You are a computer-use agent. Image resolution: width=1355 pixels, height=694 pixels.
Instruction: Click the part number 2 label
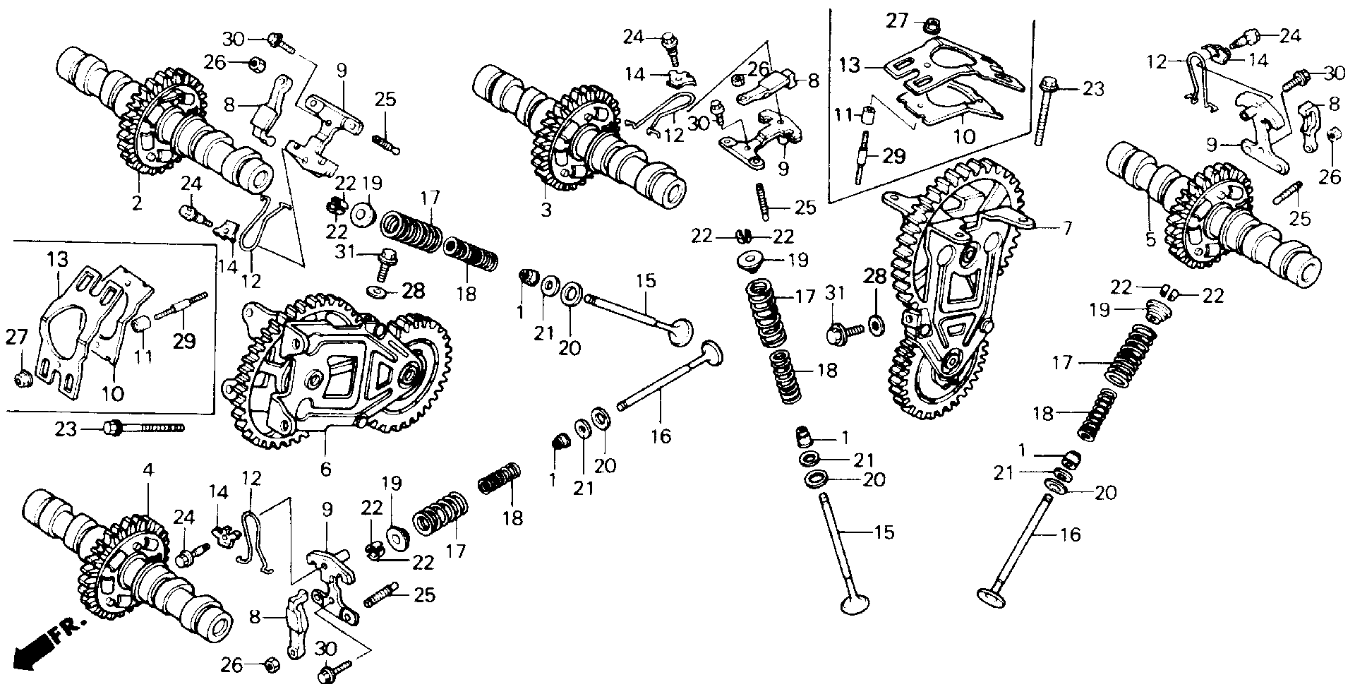coord(137,204)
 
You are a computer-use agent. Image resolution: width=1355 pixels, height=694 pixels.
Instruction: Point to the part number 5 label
coord(1150,240)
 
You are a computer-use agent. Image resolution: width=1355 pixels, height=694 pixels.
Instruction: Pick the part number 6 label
coord(325,467)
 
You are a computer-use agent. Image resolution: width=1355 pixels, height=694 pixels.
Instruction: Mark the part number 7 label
coord(1066,228)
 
